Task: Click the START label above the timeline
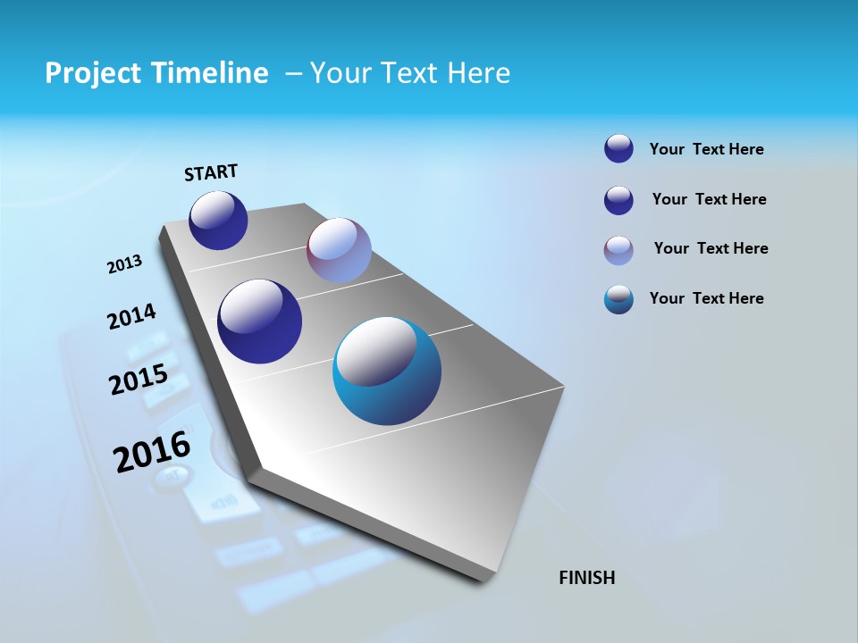pos(211,172)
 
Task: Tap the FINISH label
pos(586,578)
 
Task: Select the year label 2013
pos(125,264)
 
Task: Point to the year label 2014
pos(131,317)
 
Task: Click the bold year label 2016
pos(152,452)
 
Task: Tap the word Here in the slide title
pos(478,73)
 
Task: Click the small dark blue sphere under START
pos(218,221)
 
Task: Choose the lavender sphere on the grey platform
pos(339,250)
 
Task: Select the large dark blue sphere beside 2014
pos(259,321)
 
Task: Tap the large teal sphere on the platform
pos(387,371)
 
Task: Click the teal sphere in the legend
pos(618,299)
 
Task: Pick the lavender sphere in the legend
pos(618,250)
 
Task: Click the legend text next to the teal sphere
pos(706,298)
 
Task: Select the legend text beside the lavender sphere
pos(711,248)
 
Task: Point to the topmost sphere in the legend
pos(618,148)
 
